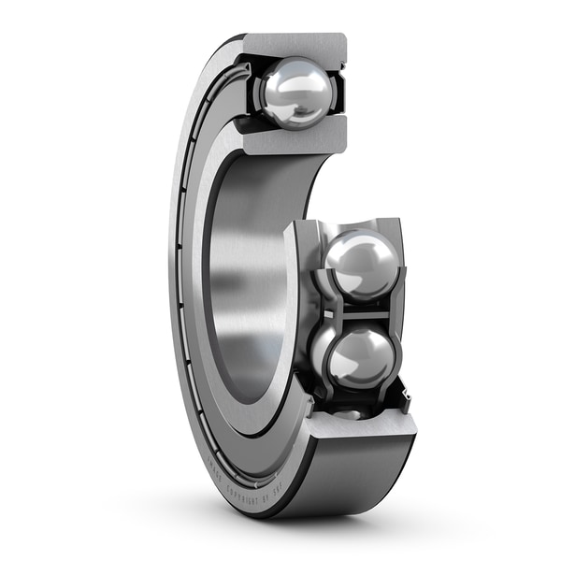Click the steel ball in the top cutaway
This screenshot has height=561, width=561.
click(296, 93)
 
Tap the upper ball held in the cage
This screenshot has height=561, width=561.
click(362, 265)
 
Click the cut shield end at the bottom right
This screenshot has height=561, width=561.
click(405, 396)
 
